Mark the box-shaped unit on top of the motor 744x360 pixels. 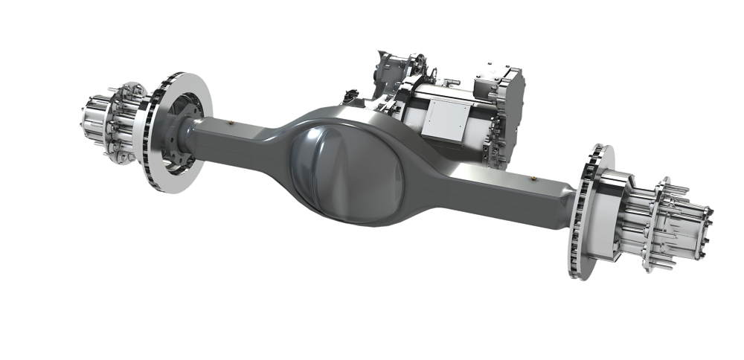point(494,78)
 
